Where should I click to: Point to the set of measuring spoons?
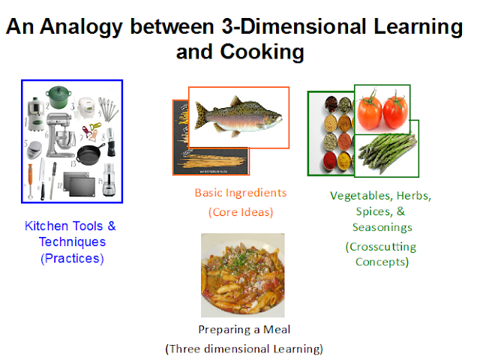[109, 112]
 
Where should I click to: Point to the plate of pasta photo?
[237, 275]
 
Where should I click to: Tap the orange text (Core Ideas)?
[240, 211]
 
